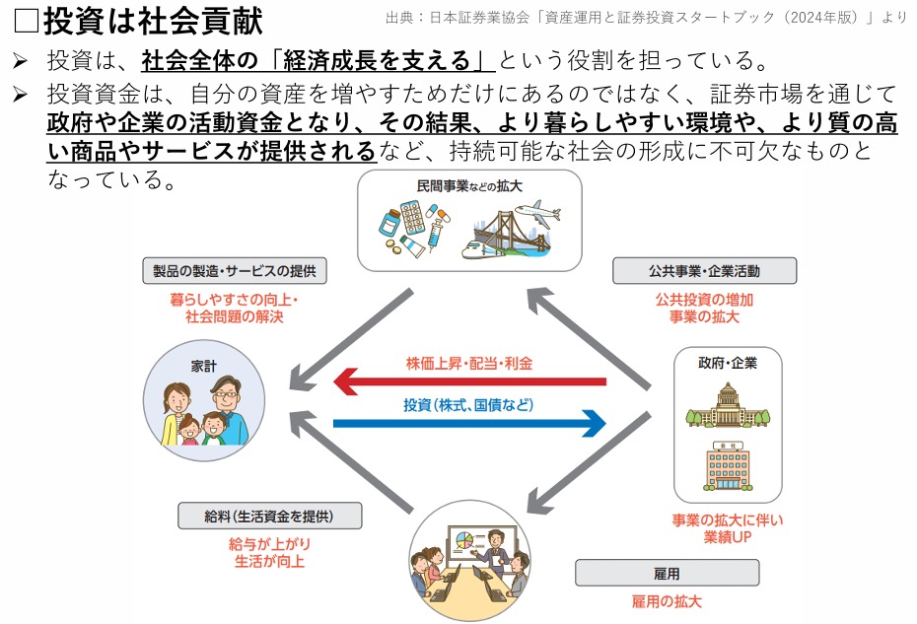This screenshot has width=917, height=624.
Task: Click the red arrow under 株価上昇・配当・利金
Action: pos(469,381)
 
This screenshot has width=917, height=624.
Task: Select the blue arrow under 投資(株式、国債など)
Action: pos(469,423)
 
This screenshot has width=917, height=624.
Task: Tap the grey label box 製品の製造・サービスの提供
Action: pos(235,271)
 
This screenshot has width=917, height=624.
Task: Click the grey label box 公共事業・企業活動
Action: pos(704,271)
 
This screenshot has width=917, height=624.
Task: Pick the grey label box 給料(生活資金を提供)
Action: pos(269,516)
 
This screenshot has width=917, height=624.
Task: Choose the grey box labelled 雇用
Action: pos(667,573)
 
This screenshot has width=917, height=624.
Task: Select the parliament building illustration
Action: pos(728,405)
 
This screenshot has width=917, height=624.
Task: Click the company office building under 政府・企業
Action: pos(728,466)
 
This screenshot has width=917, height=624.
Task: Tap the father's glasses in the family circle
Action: pos(225,394)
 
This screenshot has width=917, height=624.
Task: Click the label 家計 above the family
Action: pos(203,366)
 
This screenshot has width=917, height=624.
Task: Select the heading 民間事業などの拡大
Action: pos(469,186)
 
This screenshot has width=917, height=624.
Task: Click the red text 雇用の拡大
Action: pos(667,601)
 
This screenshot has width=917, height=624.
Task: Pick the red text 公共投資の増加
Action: pos(704,300)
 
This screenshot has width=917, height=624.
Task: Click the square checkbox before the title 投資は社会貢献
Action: pos(26,21)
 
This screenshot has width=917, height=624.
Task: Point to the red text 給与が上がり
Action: pos(269,544)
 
